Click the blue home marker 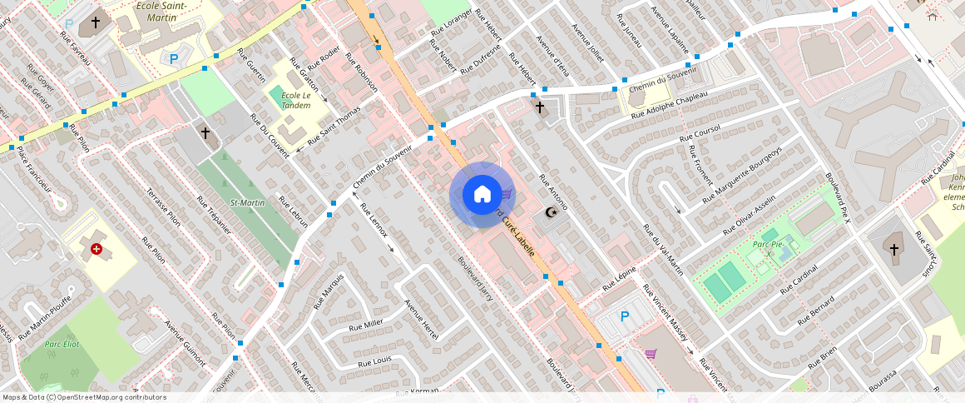(x=482, y=195)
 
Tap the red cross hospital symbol (x=97, y=248)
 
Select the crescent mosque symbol (x=550, y=213)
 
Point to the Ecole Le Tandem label (x=295, y=101)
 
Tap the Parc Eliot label (x=62, y=344)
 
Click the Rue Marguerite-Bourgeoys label (x=743, y=175)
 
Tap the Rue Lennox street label (x=373, y=219)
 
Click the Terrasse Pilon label (x=163, y=206)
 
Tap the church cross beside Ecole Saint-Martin (x=96, y=22)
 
